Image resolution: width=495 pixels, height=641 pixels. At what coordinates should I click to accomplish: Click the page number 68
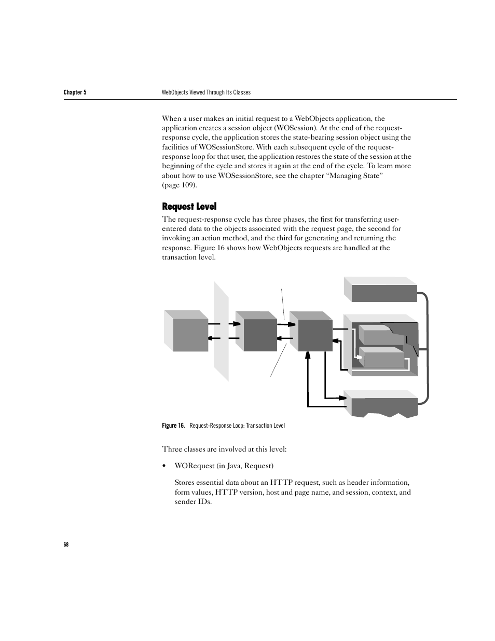point(66,544)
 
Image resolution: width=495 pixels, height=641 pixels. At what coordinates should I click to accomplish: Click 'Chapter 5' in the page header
point(75,92)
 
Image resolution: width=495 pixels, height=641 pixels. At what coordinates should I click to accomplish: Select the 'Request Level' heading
point(189,206)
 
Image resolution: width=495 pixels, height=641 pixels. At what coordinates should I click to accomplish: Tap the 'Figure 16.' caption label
point(173,426)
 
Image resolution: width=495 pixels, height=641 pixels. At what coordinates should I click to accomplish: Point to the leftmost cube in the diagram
point(186,331)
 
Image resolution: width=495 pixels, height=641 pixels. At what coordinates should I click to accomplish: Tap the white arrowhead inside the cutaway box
point(357,357)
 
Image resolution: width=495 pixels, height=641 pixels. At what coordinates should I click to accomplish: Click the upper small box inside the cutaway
point(381,334)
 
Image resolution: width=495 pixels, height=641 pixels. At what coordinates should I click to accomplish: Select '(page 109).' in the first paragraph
point(179,185)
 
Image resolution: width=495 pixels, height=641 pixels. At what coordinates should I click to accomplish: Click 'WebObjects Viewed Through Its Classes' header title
point(206,92)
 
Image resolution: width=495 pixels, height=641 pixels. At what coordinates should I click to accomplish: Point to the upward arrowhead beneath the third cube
point(308,355)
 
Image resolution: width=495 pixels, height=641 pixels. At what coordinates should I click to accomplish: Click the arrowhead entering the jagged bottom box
point(342,398)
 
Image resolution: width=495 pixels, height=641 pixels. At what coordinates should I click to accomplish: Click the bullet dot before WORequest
point(164,466)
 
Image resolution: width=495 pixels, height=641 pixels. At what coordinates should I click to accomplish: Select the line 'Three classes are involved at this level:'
point(224,449)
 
